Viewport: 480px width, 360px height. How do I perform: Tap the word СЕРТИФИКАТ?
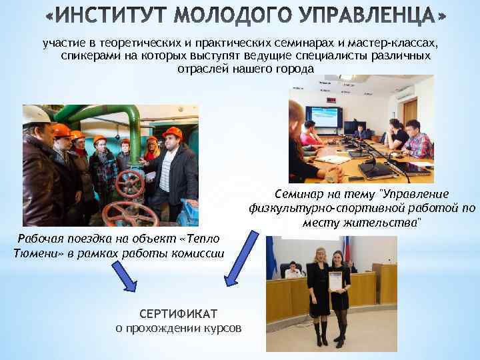click(x=179, y=314)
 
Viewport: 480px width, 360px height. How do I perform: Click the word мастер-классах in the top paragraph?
click(x=397, y=43)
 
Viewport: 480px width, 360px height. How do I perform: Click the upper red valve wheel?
click(x=129, y=181)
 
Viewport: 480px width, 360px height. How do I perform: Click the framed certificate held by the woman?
click(x=335, y=281)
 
